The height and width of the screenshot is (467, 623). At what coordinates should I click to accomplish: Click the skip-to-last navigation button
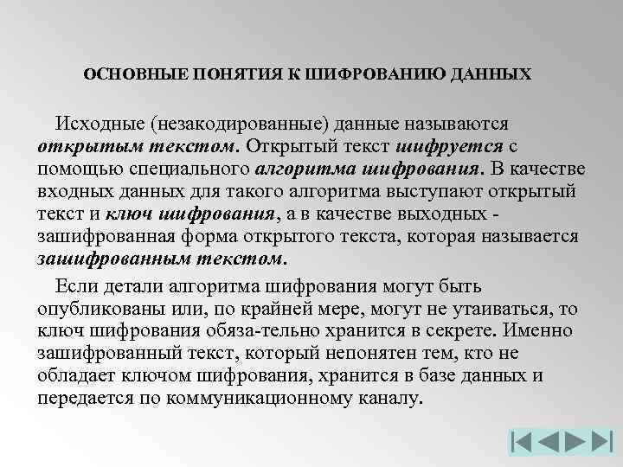pyautogui.click(x=605, y=442)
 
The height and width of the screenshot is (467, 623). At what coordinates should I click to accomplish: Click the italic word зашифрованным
pyautogui.click(x=105, y=259)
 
